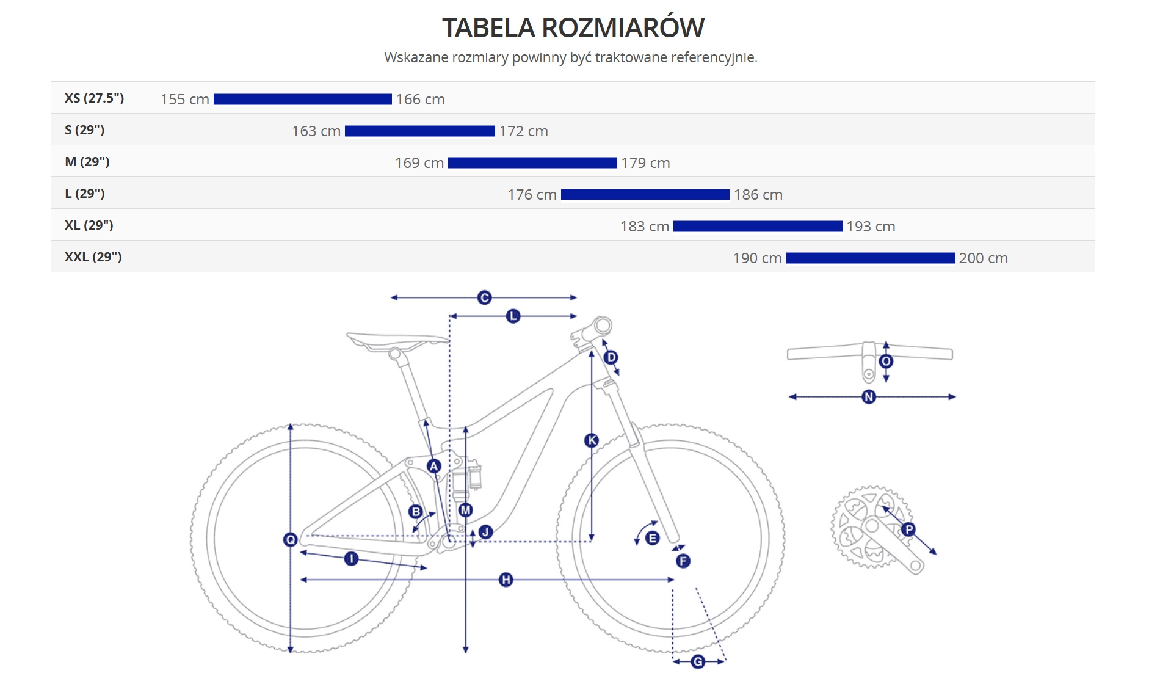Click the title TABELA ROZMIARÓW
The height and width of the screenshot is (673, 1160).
573,27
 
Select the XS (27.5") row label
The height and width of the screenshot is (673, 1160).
94,98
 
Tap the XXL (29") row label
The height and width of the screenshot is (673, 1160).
93,257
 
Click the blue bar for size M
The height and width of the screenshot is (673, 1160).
532,162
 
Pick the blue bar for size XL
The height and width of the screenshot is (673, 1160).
758,226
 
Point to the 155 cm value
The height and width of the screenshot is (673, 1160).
184,100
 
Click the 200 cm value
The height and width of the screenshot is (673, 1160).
983,258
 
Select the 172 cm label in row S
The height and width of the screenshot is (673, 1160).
523,131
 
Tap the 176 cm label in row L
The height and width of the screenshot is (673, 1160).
532,195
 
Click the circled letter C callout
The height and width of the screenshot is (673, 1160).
484,297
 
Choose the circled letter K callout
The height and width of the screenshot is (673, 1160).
591,440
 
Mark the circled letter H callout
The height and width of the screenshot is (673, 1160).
506,580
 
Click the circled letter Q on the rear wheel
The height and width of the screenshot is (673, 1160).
291,539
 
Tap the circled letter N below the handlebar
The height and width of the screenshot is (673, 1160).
868,397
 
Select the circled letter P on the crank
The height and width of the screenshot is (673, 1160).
908,529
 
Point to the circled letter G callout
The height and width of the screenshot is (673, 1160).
698,661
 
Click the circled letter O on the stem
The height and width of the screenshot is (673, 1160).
886,361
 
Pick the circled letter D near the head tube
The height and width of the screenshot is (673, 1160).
611,357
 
